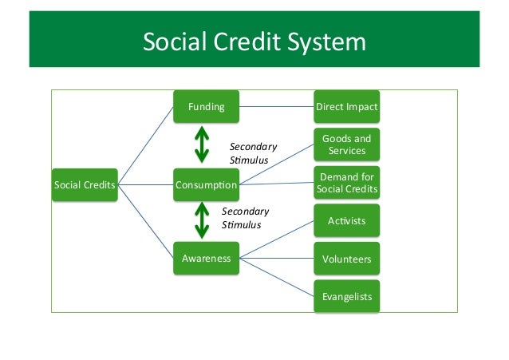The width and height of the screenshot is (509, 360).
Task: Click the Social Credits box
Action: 85,186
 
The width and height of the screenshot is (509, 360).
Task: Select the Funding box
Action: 206,106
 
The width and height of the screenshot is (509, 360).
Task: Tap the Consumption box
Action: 206,186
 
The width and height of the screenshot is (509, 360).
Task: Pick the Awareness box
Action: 206,259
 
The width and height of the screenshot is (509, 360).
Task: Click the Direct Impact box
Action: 346,106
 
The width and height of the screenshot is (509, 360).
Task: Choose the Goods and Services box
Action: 346,144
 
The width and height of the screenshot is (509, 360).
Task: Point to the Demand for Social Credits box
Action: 346,183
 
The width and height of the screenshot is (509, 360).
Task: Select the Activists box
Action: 346,220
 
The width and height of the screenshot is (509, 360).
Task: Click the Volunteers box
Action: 346,259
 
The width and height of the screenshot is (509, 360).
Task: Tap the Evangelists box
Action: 346,297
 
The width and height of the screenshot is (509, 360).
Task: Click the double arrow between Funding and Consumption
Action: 203,145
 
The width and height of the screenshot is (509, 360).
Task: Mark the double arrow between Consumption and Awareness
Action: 203,220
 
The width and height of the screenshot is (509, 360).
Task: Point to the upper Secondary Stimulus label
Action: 253,153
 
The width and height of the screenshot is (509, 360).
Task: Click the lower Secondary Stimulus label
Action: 245,218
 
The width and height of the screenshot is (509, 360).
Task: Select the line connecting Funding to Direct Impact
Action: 275,106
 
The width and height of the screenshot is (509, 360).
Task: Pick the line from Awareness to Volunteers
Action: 275,259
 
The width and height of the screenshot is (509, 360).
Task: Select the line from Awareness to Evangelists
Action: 275,277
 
